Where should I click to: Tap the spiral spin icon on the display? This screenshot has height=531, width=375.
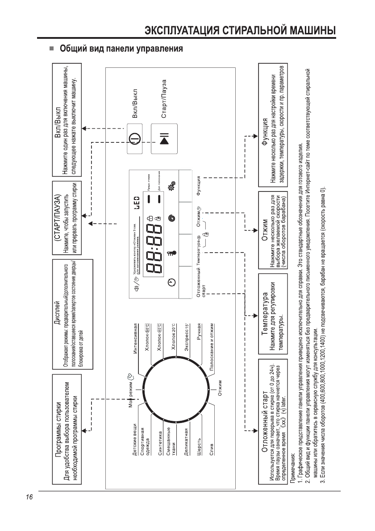click(x=172, y=217)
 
